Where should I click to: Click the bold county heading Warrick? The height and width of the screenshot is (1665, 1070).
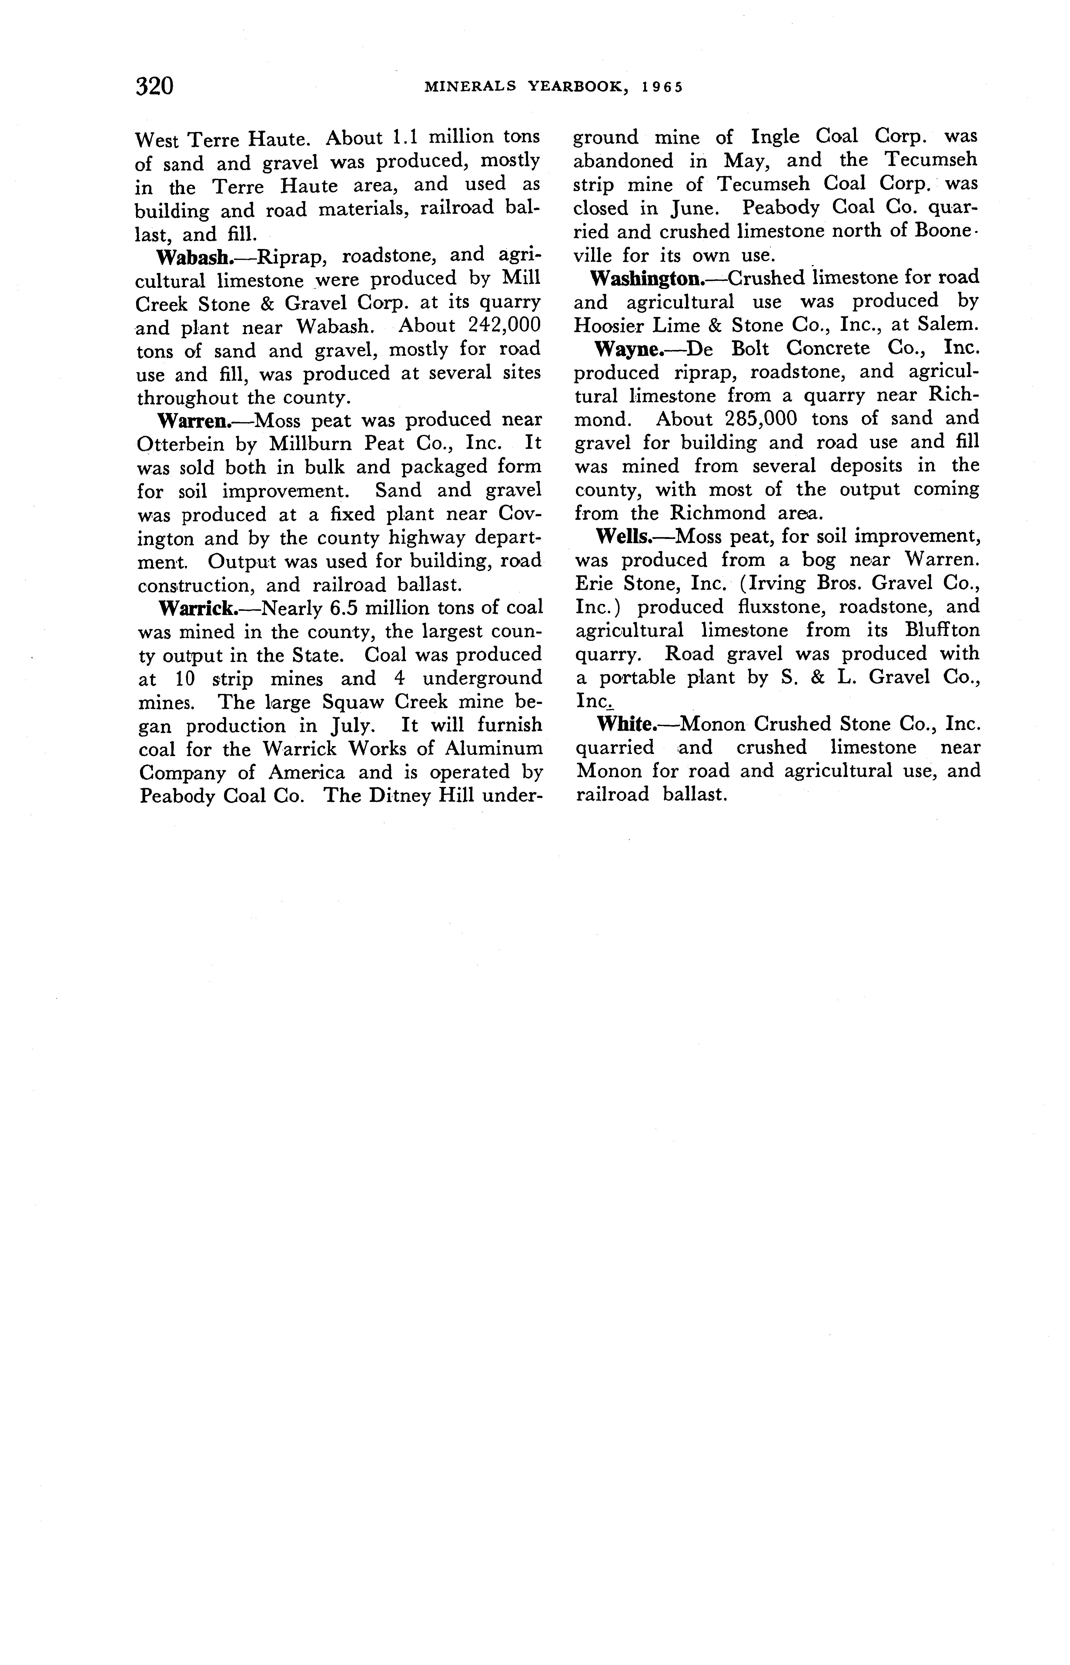tap(198, 608)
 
